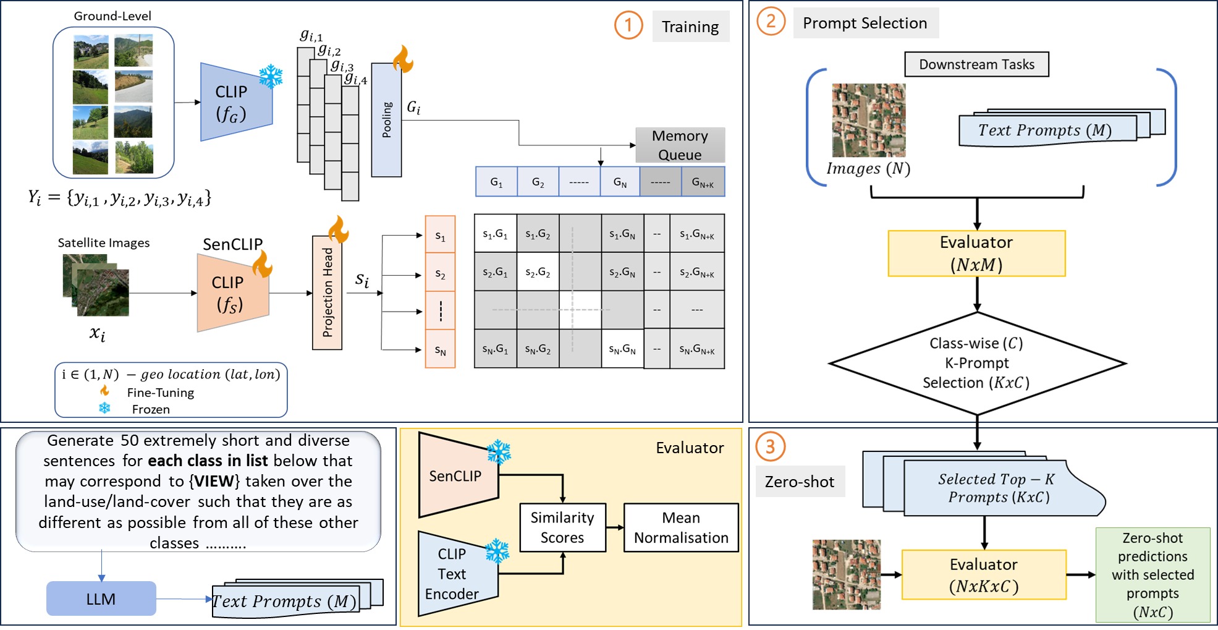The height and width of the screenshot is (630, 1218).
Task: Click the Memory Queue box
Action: click(x=680, y=145)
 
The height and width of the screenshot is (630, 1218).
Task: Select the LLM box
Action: click(x=101, y=598)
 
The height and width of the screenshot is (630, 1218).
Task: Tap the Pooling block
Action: click(x=387, y=120)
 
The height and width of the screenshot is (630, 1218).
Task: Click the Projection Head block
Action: click(x=327, y=292)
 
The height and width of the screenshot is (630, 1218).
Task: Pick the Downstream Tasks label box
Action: click(x=976, y=64)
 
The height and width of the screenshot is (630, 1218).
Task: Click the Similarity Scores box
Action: click(x=562, y=527)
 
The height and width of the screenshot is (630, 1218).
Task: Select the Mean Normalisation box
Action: click(x=681, y=527)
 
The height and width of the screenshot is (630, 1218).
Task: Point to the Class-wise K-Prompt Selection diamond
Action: click(x=976, y=363)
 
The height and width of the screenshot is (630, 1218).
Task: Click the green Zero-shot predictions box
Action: click(x=1152, y=574)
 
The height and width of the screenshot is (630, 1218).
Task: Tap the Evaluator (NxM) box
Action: click(x=976, y=253)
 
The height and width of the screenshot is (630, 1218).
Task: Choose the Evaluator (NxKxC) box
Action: click(x=984, y=575)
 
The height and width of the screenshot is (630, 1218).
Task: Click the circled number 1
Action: click(x=628, y=25)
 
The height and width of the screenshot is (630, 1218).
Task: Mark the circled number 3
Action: click(x=770, y=446)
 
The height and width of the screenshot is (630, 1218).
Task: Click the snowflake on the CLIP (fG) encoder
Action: click(x=271, y=77)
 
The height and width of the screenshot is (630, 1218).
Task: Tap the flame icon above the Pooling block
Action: click(x=403, y=59)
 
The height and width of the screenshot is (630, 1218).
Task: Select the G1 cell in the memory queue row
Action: click(x=496, y=182)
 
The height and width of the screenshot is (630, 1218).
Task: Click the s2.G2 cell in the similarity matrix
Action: click(x=538, y=272)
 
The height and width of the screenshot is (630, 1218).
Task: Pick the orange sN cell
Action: click(x=440, y=350)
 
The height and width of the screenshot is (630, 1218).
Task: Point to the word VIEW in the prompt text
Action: click(x=214, y=481)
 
